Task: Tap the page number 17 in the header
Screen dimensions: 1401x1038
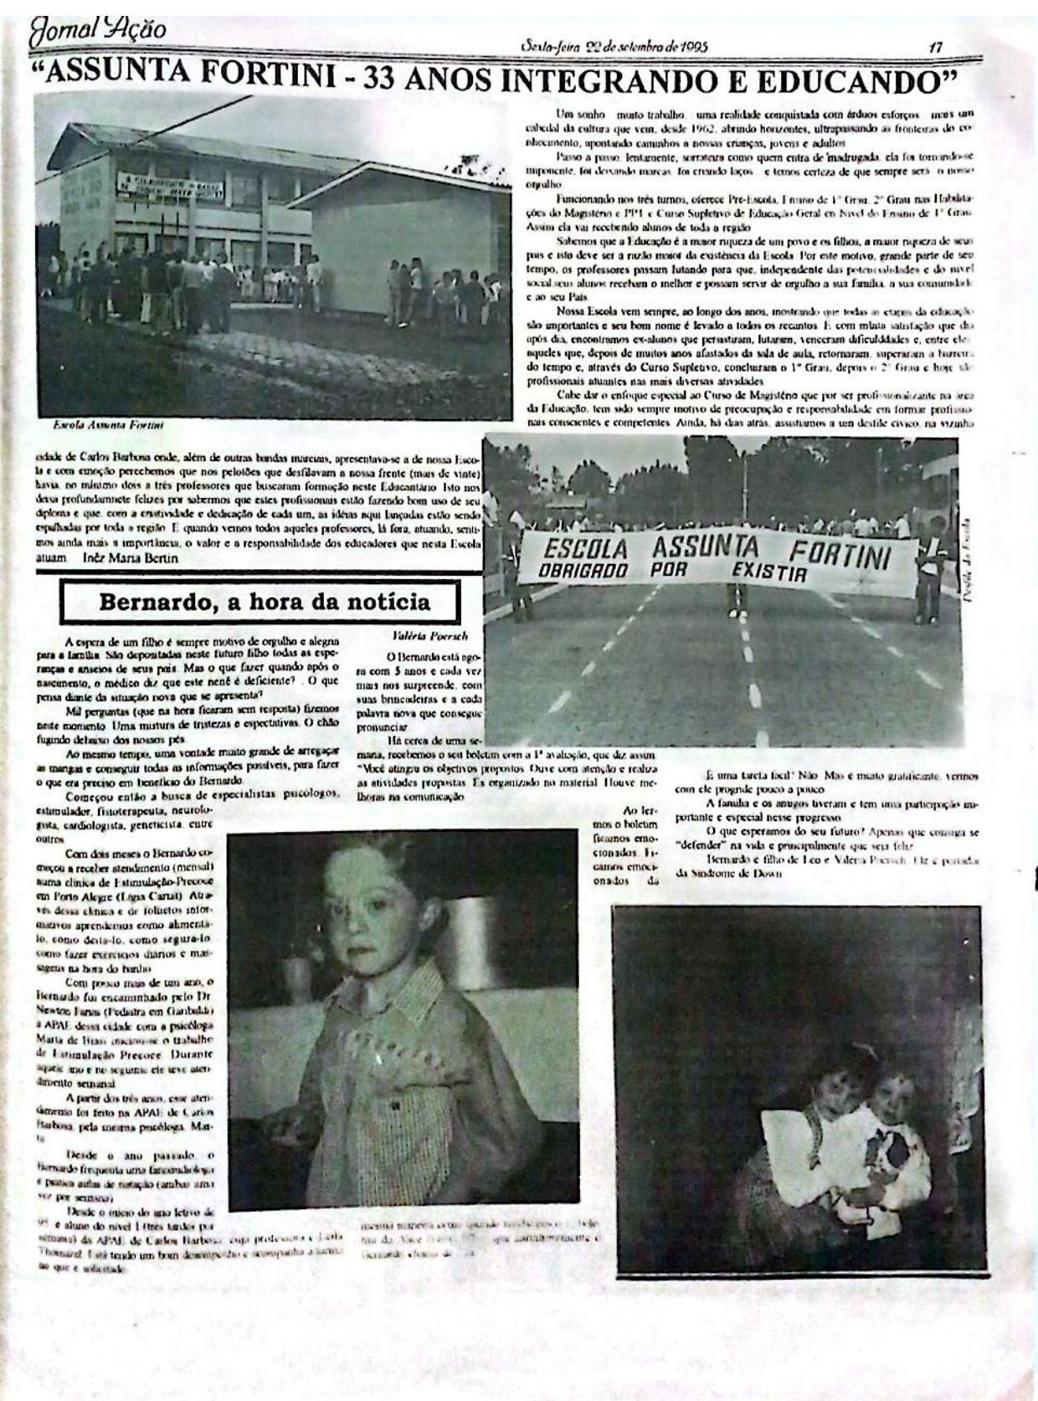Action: click(936, 48)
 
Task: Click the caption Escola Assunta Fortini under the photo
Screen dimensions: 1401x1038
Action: click(108, 425)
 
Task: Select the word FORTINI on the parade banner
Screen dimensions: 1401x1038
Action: click(840, 555)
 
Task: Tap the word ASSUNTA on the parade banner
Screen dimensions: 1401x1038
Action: click(705, 548)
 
